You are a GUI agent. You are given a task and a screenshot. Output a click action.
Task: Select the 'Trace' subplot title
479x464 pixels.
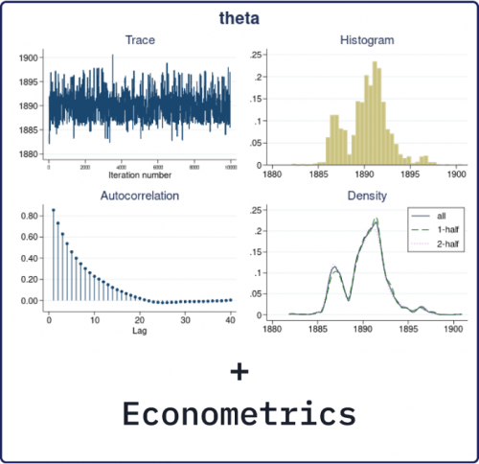click(x=140, y=39)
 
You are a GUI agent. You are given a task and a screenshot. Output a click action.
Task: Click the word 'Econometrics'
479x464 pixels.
click(x=239, y=414)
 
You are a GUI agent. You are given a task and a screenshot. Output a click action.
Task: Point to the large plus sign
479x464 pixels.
click(x=239, y=371)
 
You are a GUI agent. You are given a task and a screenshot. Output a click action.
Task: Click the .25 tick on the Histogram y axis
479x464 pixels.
click(x=256, y=57)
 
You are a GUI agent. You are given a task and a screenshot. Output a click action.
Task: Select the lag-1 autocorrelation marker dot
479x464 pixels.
click(x=54, y=210)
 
